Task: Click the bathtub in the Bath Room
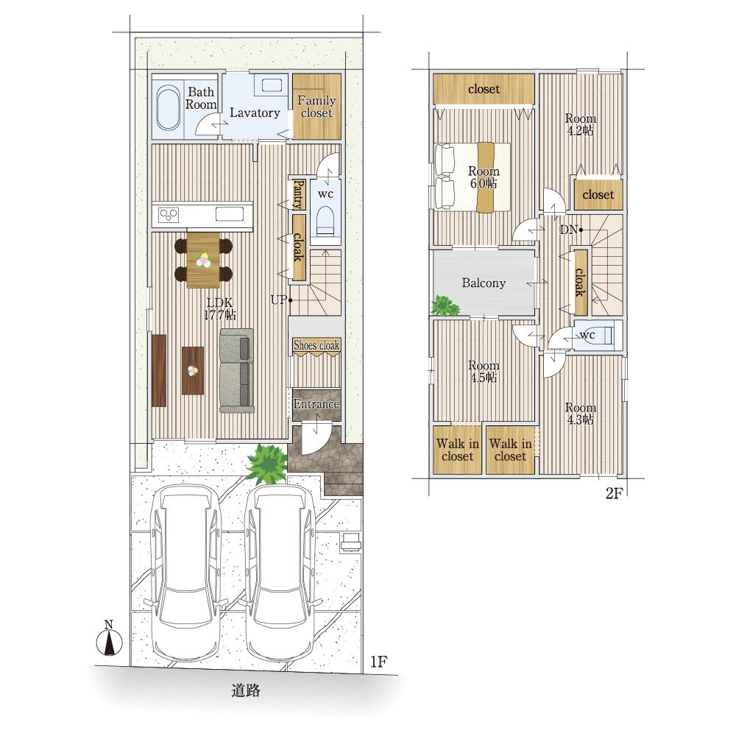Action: pos(168,107)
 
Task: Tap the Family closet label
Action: pos(316,107)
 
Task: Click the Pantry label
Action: pos(299,195)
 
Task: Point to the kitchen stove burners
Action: pos(169,215)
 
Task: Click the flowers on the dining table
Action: pos(203,260)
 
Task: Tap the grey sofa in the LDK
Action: pos(237,370)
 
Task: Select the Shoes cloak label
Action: pos(316,345)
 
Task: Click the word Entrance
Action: pos(316,403)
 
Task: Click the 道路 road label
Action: pos(246,690)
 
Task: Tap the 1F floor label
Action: pos(378,662)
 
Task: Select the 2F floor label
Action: pos(614,493)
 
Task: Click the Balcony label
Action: pos(484,283)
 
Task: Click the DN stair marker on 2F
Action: pos(571,230)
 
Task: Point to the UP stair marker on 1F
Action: pos(281,300)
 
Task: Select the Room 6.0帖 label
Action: pos(484,177)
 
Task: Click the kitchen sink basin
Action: pos(230,214)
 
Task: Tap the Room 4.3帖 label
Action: pos(581,414)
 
